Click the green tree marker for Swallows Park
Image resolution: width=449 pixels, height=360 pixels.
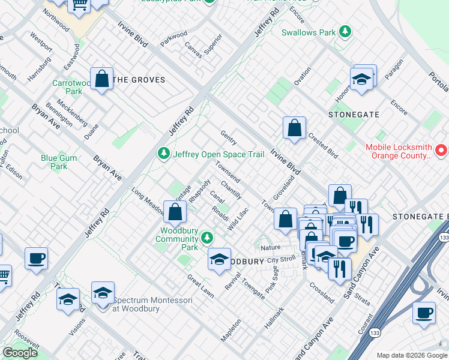(345, 31)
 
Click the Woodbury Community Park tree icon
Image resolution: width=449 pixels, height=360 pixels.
(207, 238)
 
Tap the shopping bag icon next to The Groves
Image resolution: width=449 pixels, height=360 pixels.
(103, 79)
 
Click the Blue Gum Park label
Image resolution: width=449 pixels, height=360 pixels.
(58, 162)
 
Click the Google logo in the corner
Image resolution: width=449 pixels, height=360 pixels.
(20, 353)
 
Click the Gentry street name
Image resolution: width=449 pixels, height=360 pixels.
(228, 137)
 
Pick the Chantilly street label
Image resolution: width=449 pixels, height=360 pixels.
(231, 190)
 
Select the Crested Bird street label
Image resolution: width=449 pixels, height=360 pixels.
(323, 145)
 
